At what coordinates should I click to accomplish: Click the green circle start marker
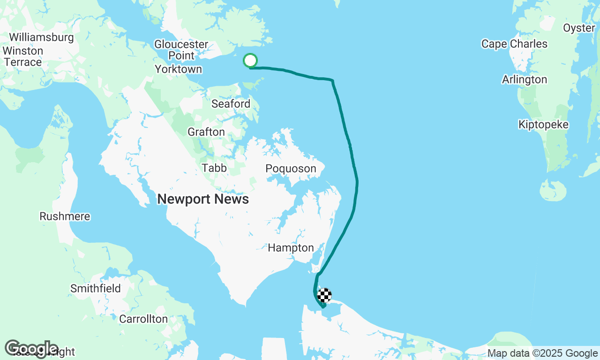coord(250,60)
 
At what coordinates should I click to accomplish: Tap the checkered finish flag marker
coord(324,295)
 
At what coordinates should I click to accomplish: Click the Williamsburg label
coord(41,37)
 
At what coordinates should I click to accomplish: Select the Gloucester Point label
coord(181,50)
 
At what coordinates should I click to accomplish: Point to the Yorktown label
coord(179,69)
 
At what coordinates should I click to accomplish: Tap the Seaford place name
coord(231,104)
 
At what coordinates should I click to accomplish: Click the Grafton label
coord(206,132)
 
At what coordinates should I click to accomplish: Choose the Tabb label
coord(214,168)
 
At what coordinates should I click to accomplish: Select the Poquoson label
coord(291,169)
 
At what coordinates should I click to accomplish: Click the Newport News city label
coord(203,199)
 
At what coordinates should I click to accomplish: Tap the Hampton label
coord(291,248)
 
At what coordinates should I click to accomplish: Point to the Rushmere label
coord(65,217)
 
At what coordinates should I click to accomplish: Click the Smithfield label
coord(96,288)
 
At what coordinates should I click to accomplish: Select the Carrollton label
coord(143,319)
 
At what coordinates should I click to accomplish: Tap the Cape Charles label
coord(514,44)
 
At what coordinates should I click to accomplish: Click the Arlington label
coord(525,80)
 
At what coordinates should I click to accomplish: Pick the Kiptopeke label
coord(544,125)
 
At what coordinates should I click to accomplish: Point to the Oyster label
coord(579,28)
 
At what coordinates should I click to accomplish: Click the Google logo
coord(31,348)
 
